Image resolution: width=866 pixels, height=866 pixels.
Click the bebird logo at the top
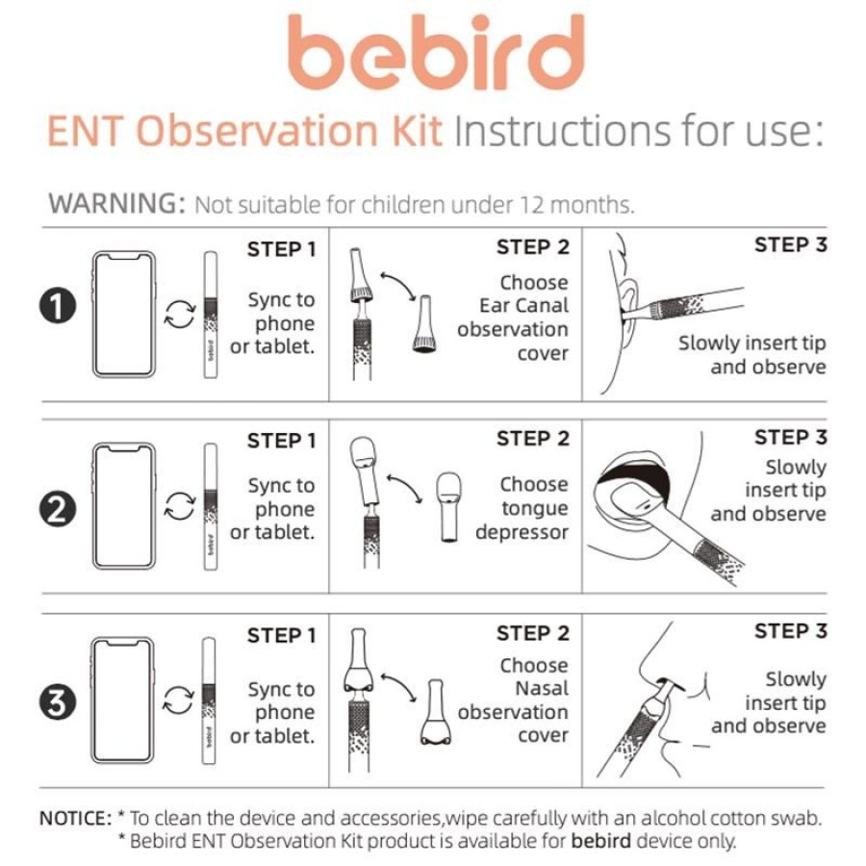[436, 53]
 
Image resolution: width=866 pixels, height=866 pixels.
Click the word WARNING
[116, 204]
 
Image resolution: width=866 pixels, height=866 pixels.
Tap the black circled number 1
[58, 306]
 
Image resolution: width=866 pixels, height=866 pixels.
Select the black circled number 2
[58, 509]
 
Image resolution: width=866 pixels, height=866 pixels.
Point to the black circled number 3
[58, 702]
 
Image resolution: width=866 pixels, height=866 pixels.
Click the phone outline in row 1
[124, 315]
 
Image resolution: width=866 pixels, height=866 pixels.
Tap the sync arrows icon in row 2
[180, 506]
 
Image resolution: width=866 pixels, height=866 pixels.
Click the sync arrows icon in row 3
[179, 700]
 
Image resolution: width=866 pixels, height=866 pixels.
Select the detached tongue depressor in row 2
[448, 506]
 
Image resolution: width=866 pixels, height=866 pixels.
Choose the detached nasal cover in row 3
[435, 712]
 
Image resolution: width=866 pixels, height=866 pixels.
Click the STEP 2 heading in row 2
[532, 439]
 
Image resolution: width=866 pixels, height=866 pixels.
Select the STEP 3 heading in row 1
[790, 244]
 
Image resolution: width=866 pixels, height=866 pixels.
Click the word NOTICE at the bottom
[76, 818]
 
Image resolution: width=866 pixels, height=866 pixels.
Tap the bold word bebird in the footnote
[600, 841]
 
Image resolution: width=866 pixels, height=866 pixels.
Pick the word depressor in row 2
[522, 532]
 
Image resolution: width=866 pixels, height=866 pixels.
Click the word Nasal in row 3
[542, 689]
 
